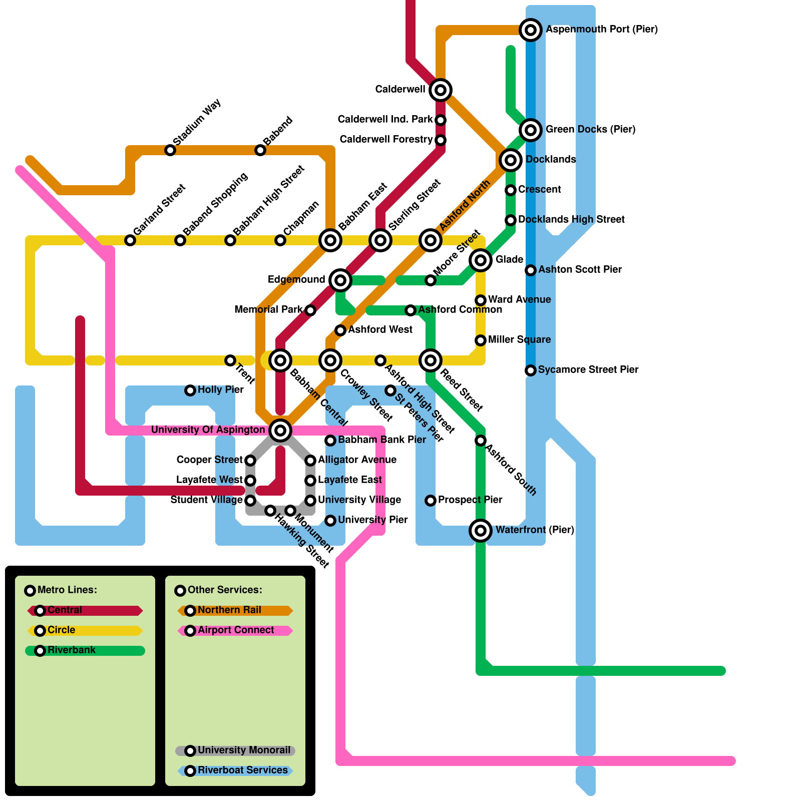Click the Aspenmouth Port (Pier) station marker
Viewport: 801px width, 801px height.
[x=531, y=30]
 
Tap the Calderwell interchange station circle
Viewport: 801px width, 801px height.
[x=441, y=90]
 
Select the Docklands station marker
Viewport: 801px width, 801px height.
[x=511, y=160]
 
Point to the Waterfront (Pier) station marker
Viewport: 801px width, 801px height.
[x=481, y=530]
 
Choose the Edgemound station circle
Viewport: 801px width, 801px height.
[x=340, y=280]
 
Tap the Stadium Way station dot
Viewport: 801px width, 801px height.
[x=170, y=150]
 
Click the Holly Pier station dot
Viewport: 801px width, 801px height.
[x=190, y=390]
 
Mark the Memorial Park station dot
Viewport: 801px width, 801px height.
[x=310, y=310]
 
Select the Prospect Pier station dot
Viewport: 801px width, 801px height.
[x=431, y=501]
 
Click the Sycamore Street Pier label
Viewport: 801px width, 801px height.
[x=588, y=370]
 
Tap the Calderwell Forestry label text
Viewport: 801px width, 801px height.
[x=386, y=139]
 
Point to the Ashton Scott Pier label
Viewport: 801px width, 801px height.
[x=580, y=270]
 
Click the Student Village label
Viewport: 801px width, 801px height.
[x=206, y=500]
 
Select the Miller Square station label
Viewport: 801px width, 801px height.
[x=519, y=340]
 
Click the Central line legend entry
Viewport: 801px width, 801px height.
[x=85, y=610]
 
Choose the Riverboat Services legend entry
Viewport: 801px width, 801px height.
[x=235, y=770]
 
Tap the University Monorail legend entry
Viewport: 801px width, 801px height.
[x=235, y=750]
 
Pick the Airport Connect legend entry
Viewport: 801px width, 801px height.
[x=235, y=630]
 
